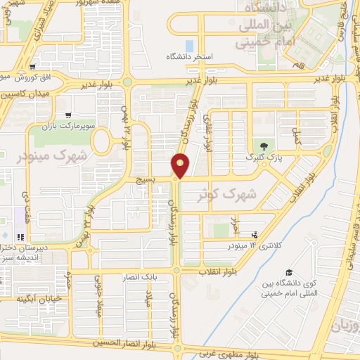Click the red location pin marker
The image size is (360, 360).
click(x=180, y=166)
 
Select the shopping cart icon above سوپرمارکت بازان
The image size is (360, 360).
click(x=68, y=115)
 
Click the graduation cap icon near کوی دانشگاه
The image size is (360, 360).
click(x=288, y=273)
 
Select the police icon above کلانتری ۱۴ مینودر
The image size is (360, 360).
click(x=255, y=236)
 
